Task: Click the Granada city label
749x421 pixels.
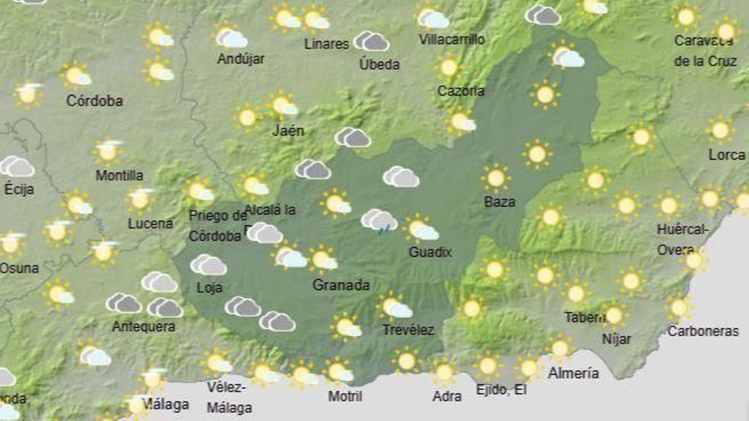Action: coord(341,285)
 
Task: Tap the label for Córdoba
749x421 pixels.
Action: coord(95,101)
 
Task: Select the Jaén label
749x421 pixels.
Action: coord(288,131)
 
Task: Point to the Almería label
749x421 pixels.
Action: coord(573,373)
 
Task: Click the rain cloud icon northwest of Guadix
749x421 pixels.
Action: coord(379,221)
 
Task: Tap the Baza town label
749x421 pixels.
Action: coord(499,202)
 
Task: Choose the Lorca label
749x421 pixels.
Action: coord(727,155)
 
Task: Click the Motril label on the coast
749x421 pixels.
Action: coord(345,396)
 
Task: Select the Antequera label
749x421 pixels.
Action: coord(144,326)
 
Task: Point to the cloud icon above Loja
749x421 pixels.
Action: coord(208,265)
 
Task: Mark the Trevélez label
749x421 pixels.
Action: coord(408,330)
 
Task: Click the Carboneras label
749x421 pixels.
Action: coord(703,331)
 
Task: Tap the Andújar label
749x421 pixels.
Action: coord(241,59)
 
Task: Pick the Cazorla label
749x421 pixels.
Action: coord(461,91)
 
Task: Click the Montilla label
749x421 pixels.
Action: coord(119,175)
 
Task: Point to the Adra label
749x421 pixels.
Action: coord(447,396)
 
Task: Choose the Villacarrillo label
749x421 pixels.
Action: coord(451,39)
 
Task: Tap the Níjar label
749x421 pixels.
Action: coord(616,339)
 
